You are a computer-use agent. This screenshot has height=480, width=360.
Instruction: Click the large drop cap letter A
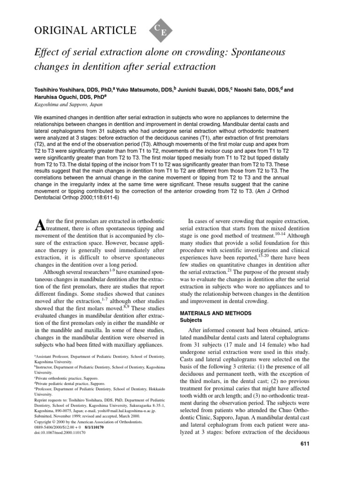(x=41, y=225)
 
